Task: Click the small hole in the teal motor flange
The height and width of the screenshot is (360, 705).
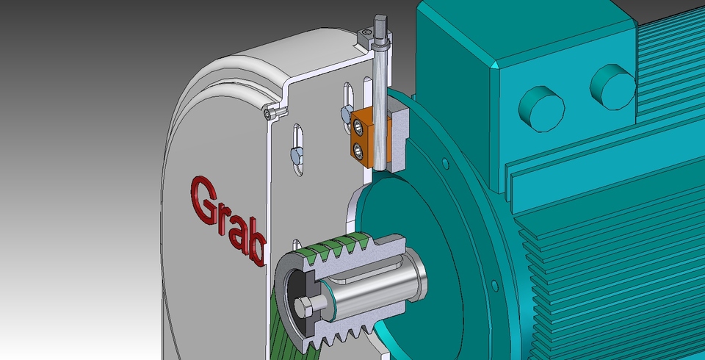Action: pyautogui.click(x=444, y=161)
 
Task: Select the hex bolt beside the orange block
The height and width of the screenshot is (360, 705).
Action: pyautogui.click(x=345, y=113)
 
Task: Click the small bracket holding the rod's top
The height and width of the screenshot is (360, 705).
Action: pyautogui.click(x=365, y=37)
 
